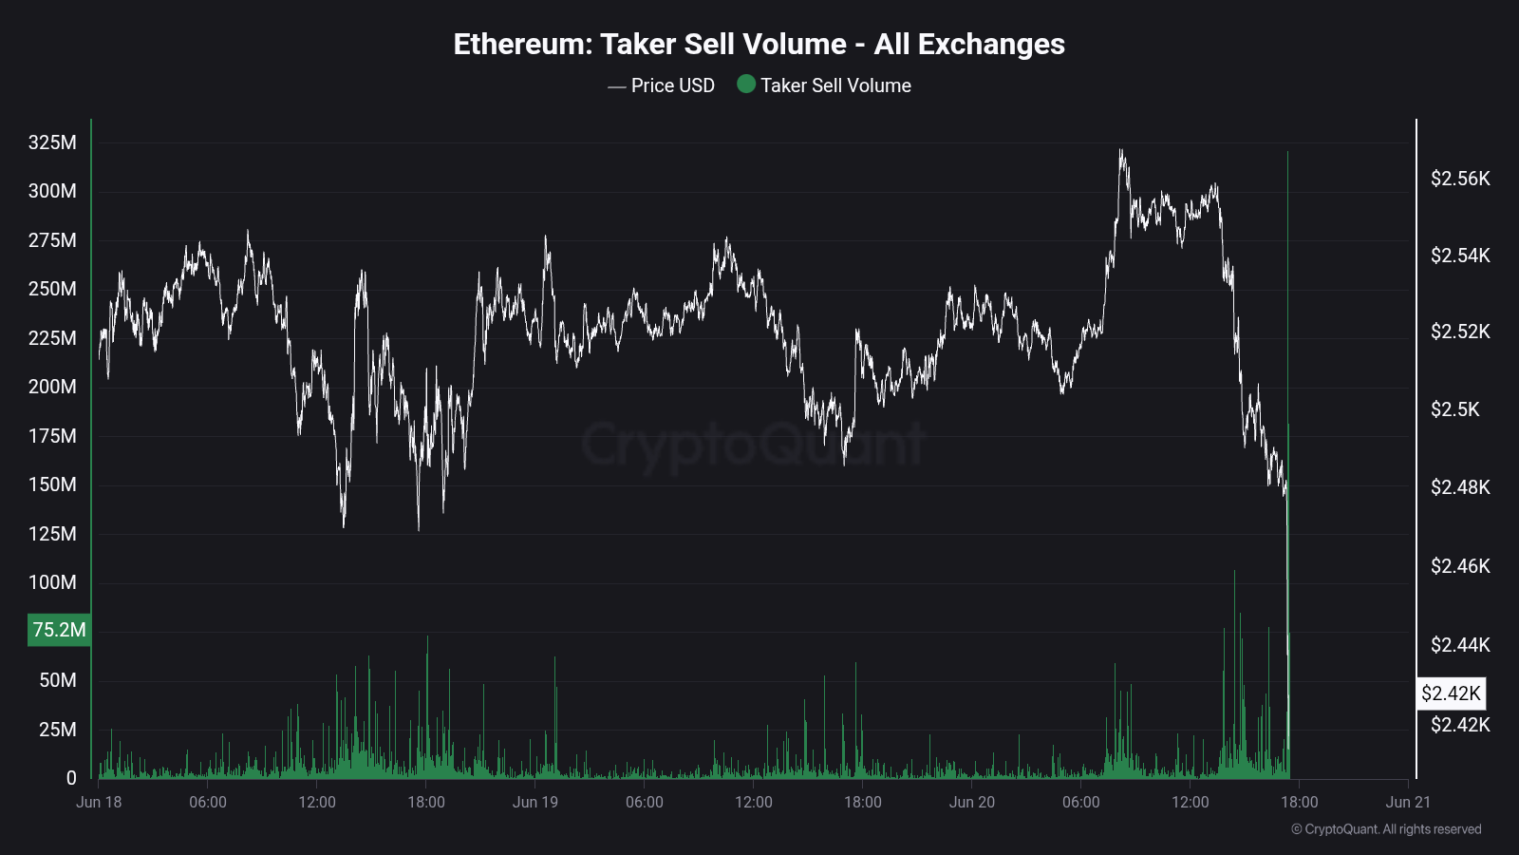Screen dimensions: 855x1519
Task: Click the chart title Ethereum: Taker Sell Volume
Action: pos(759,45)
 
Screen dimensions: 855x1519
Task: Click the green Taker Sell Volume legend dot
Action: pos(746,85)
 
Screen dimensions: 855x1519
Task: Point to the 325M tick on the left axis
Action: pos(52,142)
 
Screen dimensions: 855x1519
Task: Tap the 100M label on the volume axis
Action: pos(52,582)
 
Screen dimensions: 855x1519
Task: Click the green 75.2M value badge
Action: pos(59,630)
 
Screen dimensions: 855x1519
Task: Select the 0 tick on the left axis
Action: pos(71,778)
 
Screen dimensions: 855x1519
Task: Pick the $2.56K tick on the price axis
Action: pos(1460,179)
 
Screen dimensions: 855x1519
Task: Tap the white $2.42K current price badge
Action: pos(1451,693)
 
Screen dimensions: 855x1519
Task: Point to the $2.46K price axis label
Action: pos(1460,566)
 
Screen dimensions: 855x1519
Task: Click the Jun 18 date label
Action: pos(99,802)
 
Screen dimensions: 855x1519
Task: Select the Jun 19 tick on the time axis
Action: pos(535,802)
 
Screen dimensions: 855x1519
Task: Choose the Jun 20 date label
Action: pos(972,802)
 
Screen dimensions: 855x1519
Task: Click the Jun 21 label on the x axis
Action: pos(1408,802)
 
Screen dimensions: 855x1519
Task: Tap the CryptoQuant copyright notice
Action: pos(1386,829)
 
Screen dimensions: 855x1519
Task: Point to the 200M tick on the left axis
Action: pos(52,387)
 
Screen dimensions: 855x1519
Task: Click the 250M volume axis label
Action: pos(52,289)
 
